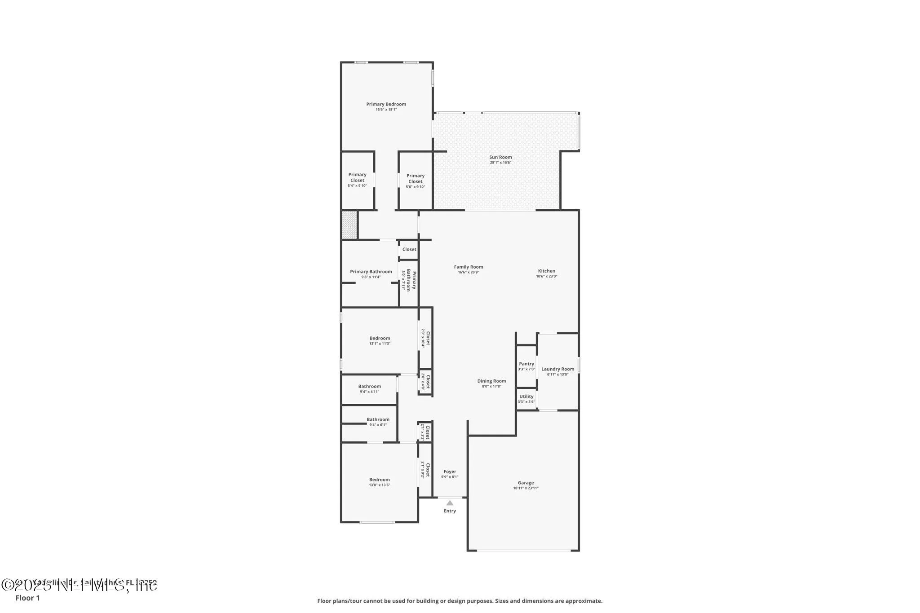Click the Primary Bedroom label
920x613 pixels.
[386, 104]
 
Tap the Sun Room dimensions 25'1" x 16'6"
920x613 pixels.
[500, 163]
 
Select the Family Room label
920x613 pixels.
[469, 267]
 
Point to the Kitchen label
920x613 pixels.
[547, 271]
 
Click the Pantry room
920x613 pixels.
[526, 366]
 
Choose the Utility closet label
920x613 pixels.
[526, 397]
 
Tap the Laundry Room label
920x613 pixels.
[557, 369]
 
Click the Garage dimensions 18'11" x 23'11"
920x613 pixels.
[526, 488]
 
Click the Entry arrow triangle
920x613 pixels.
[450, 503]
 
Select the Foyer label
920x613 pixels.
[450, 472]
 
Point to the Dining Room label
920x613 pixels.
[491, 381]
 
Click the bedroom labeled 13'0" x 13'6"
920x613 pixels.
[380, 482]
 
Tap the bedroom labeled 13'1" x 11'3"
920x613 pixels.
[380, 340]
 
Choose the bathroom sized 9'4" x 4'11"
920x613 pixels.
[369, 389]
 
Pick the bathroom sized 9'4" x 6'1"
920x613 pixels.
[378, 422]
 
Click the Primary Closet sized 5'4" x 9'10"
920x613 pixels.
[357, 180]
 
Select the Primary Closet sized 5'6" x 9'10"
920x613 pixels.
[416, 181]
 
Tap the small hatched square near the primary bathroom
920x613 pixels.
[349, 225]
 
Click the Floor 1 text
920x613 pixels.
[27, 598]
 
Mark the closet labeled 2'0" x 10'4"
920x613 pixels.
[425, 338]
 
